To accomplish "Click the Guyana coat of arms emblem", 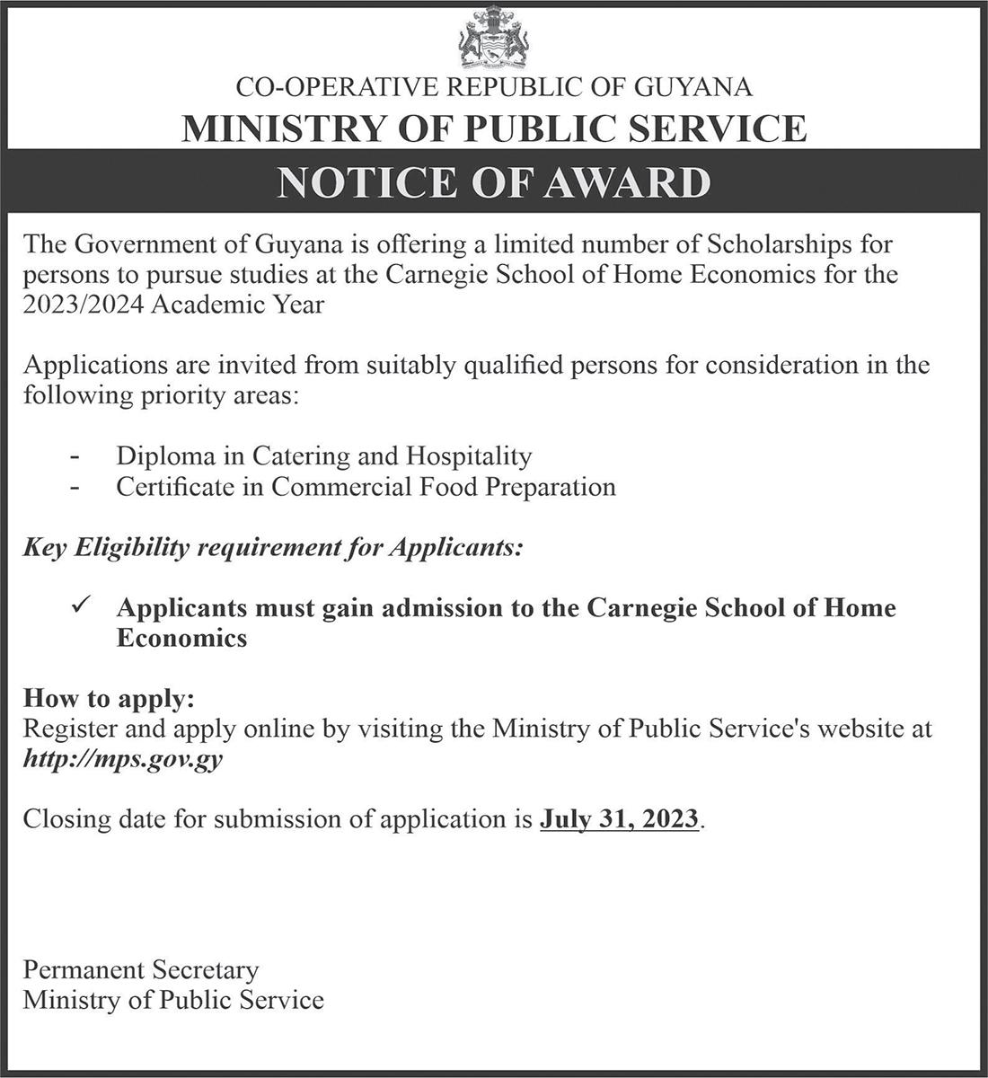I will click(494, 37).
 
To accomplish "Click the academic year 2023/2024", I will click(84, 305).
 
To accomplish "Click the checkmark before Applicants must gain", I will click(77, 608).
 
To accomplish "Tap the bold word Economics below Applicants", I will click(181, 638).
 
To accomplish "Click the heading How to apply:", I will click(109, 699).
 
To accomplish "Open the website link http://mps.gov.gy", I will click(123, 759).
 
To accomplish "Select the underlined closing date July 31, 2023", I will click(619, 819).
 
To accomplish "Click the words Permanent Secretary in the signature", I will click(141, 970).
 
